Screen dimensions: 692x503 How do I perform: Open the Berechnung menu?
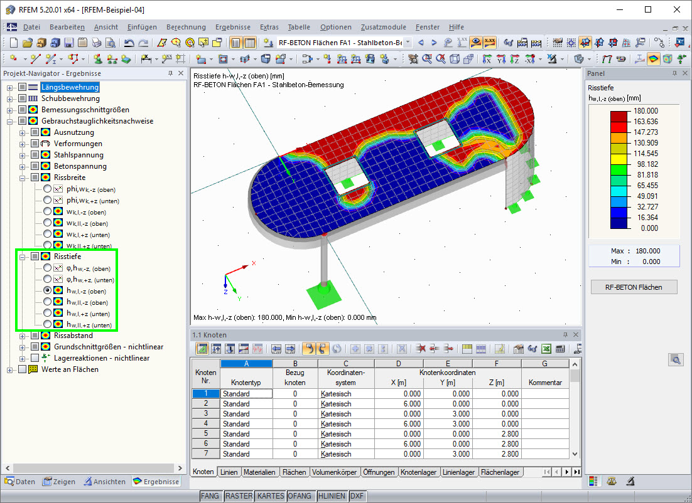pos(186,27)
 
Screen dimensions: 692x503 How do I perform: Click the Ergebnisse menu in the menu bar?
pos(232,27)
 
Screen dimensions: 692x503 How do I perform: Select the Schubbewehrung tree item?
pos(70,98)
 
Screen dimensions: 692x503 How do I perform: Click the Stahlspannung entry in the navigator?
pos(78,155)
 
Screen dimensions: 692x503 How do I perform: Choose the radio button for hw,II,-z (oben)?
pos(47,302)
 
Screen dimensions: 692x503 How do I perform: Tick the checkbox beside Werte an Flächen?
pos(22,369)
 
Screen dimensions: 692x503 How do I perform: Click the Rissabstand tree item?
pos(73,336)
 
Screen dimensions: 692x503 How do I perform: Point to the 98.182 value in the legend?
pos(647,164)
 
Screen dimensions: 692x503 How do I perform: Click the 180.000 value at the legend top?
pos(646,110)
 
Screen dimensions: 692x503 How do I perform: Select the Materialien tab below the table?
pos(259,472)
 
